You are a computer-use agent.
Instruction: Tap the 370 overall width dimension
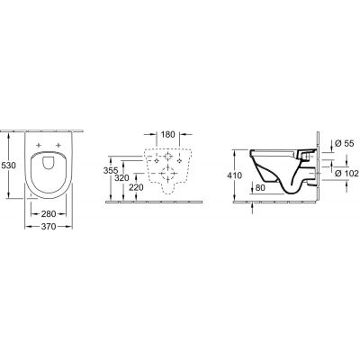tap(49, 229)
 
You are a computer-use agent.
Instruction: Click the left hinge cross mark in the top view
tap(40, 145)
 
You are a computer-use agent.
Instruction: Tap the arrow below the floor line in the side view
tap(251, 211)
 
